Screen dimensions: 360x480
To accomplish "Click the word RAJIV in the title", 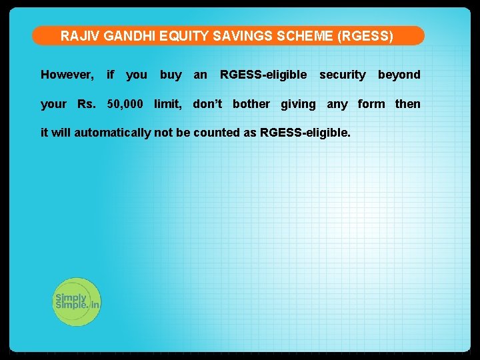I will pos(76,36).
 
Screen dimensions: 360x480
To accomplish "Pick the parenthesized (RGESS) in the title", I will pos(365,36).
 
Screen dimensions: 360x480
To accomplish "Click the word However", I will pos(67,75).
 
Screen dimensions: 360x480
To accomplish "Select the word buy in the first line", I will pos(171,75).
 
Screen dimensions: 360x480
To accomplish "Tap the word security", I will pos(342,75).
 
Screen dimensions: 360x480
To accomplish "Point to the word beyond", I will pos(399,75).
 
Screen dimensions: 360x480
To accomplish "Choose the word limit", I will pos(168,103).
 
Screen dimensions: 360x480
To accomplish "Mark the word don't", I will pos(207,103).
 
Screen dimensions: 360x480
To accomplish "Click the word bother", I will pos(251,103).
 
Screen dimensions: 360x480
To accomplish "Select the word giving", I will pos(298,104).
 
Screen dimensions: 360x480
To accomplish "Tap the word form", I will pos(371,103).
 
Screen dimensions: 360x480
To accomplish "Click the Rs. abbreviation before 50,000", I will pos(87,103).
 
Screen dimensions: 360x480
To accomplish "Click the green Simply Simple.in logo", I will pos(76,301).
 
